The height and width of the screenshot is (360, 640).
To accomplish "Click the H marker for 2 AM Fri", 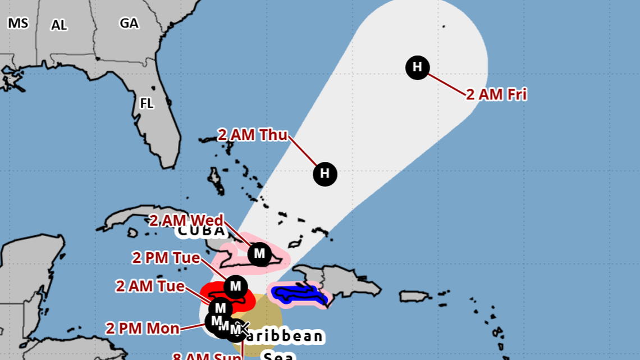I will (x=417, y=68).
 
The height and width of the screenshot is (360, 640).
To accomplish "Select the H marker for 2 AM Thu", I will (x=324, y=174).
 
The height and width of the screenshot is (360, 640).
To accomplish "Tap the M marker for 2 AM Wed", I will (x=259, y=254).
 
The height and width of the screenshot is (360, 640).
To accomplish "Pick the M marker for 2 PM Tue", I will (x=235, y=287).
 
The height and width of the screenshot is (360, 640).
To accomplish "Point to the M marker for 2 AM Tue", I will (x=220, y=308).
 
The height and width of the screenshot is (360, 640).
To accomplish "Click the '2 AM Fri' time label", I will (x=496, y=94).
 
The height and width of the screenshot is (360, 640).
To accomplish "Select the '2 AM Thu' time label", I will (x=253, y=135).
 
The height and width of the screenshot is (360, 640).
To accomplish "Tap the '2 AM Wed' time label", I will (x=186, y=220).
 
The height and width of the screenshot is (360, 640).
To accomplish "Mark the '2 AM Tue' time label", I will (x=150, y=286).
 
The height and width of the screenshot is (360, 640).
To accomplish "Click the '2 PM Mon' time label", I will (x=143, y=328).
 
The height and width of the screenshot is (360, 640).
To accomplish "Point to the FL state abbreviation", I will (x=147, y=104).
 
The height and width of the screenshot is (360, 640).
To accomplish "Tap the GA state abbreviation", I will (x=129, y=23).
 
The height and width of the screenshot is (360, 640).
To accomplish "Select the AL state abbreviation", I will (x=59, y=25).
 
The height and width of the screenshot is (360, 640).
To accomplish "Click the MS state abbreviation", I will (x=18, y=23).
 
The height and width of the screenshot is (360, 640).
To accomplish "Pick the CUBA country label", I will (x=202, y=231).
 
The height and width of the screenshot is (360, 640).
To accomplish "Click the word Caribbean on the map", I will (x=286, y=336).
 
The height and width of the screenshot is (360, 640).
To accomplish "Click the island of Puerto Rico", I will (x=417, y=296).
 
